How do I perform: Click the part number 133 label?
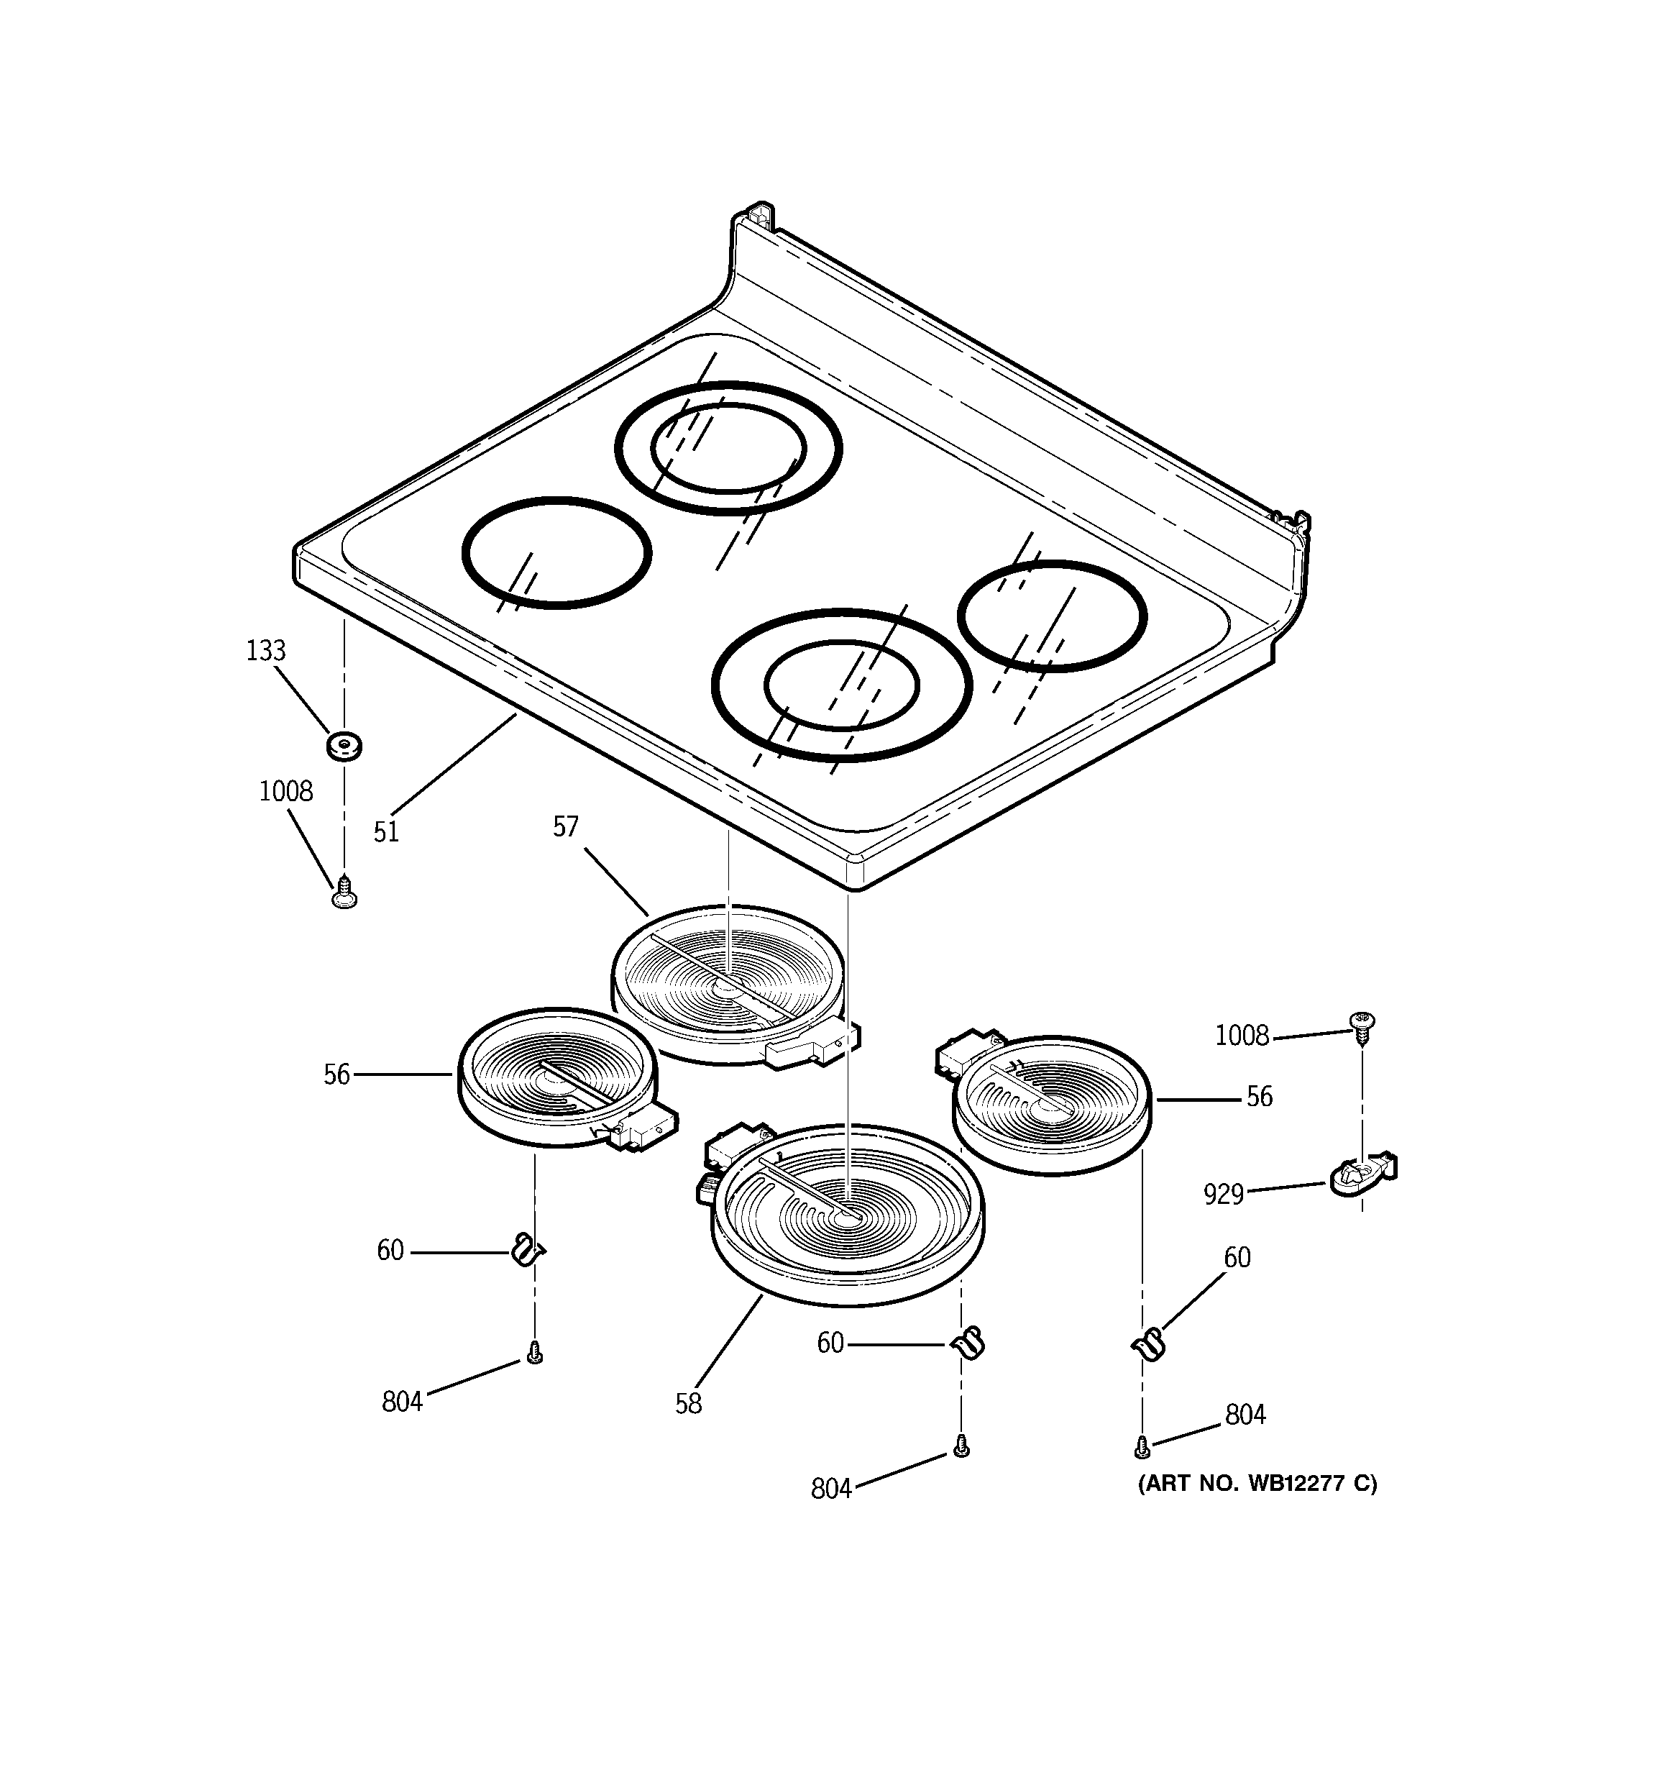266,651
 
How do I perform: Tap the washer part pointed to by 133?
344,744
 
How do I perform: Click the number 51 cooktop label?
386,833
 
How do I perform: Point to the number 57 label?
566,826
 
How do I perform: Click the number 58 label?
689,1404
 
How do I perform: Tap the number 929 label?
1224,1195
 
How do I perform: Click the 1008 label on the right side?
1242,1036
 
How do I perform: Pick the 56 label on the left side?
336,1074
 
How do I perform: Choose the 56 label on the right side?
1259,1097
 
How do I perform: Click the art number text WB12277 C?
1257,1484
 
